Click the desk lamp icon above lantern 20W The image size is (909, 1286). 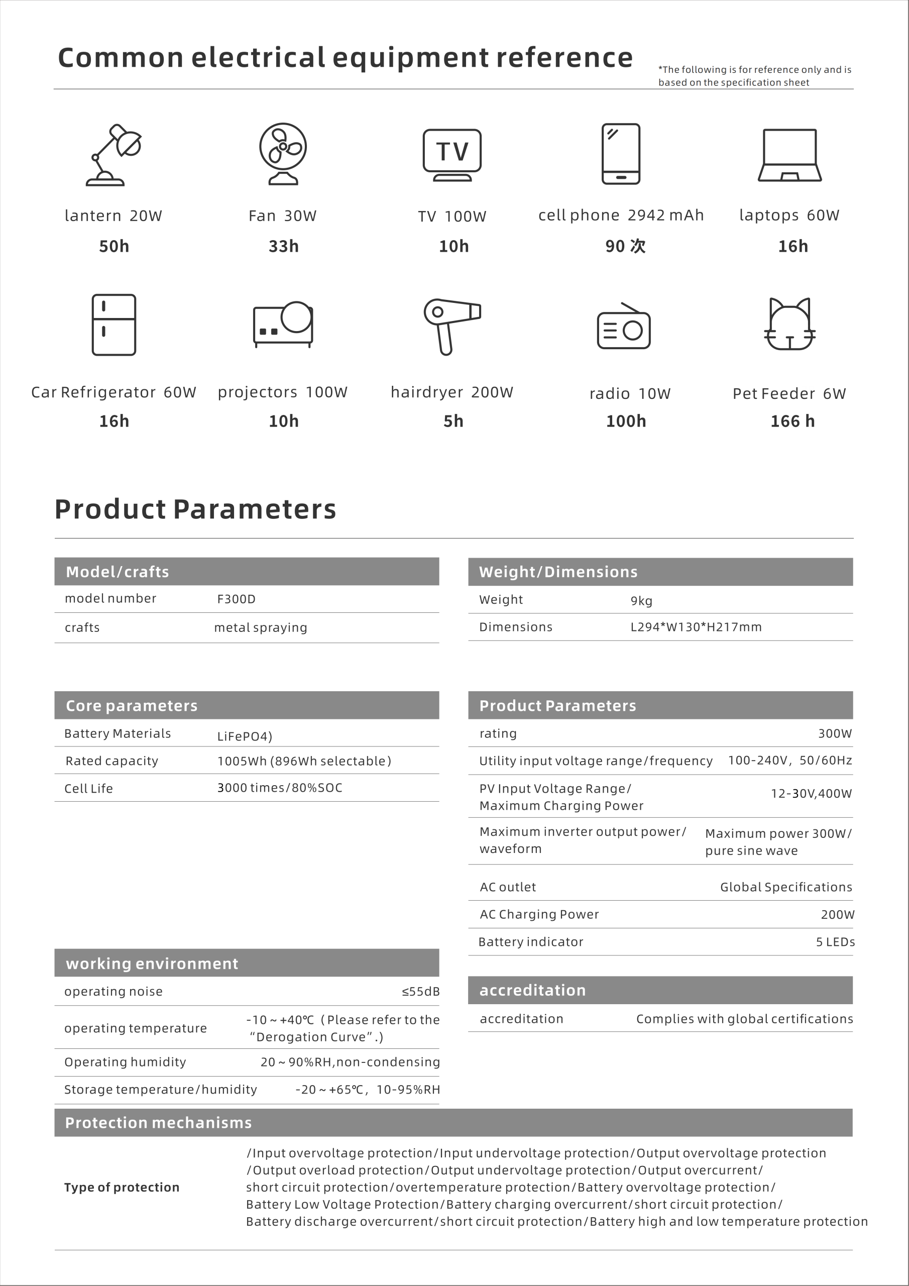pos(113,155)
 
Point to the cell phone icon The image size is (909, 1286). pos(621,154)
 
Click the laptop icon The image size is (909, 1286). pos(789,155)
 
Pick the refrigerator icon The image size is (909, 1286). pos(113,325)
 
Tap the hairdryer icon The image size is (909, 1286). pos(451,326)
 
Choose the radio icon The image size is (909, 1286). pos(623,328)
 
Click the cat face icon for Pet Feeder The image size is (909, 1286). pos(789,325)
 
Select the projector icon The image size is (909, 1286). pos(283,325)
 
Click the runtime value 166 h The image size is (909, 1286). pos(792,421)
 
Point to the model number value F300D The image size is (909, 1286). pos(237,599)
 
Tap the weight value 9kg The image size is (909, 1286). pos(641,601)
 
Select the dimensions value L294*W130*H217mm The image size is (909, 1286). pos(696,627)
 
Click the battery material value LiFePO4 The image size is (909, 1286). pos(245,736)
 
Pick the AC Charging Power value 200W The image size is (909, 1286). pos(837,915)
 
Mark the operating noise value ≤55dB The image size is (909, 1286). pos(421,992)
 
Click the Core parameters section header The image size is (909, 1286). pos(132,706)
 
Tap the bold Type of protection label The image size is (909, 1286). pos(122,1188)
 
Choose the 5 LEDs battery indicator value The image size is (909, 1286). pos(835,942)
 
